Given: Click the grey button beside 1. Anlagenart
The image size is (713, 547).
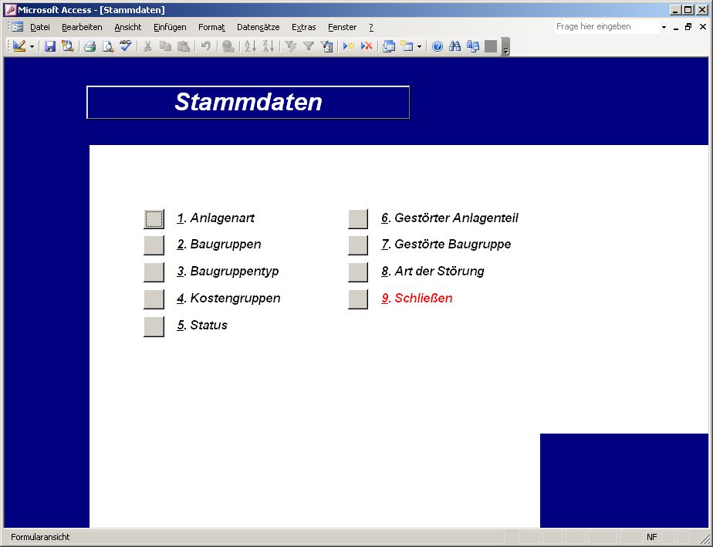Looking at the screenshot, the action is (x=154, y=218).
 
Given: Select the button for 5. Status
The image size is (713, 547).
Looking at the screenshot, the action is (x=154, y=326).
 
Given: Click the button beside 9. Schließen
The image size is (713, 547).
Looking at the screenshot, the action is (x=358, y=299).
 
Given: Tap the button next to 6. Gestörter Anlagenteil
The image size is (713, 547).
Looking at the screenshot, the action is (x=358, y=218).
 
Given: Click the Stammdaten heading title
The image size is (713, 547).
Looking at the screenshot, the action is (x=248, y=102).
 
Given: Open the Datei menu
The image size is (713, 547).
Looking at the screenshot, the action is (x=40, y=27).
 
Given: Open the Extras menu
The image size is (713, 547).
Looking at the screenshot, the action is (x=304, y=27).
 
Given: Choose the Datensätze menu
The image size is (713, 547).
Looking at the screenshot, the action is (x=259, y=27).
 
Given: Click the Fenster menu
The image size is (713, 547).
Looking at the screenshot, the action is (x=343, y=27).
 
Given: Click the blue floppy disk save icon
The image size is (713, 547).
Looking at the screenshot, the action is (x=50, y=46).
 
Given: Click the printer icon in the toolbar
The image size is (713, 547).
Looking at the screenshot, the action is (x=90, y=46).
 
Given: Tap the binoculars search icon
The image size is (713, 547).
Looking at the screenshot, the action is (x=454, y=46).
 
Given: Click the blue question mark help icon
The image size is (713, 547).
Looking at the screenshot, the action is (x=438, y=46).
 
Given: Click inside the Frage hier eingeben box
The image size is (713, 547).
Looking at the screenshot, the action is (x=607, y=27).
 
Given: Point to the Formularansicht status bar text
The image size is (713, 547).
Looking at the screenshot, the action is (x=40, y=537).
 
